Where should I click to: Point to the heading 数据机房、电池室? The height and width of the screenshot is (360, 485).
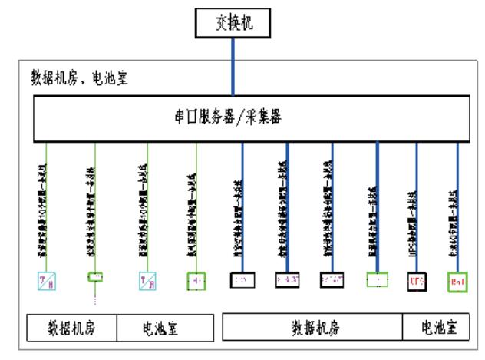[80, 79]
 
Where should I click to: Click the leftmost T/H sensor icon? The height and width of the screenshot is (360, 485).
[47, 279]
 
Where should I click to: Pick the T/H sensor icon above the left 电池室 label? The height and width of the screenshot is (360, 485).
[148, 279]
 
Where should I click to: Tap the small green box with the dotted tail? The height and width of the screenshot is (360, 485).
[96, 276]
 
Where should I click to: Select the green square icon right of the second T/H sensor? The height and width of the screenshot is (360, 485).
[196, 279]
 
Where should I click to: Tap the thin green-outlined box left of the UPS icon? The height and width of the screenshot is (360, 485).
[377, 279]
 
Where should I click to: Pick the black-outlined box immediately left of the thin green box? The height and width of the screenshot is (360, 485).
[332, 279]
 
